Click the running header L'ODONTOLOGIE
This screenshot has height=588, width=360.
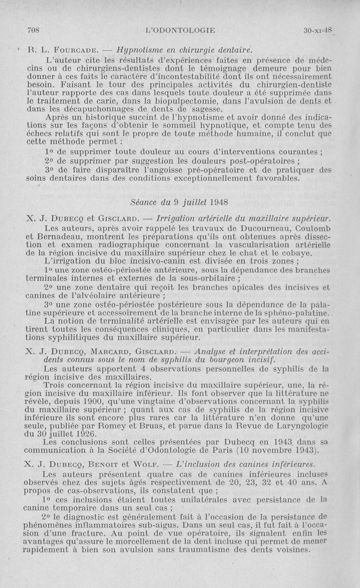(180, 30)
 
